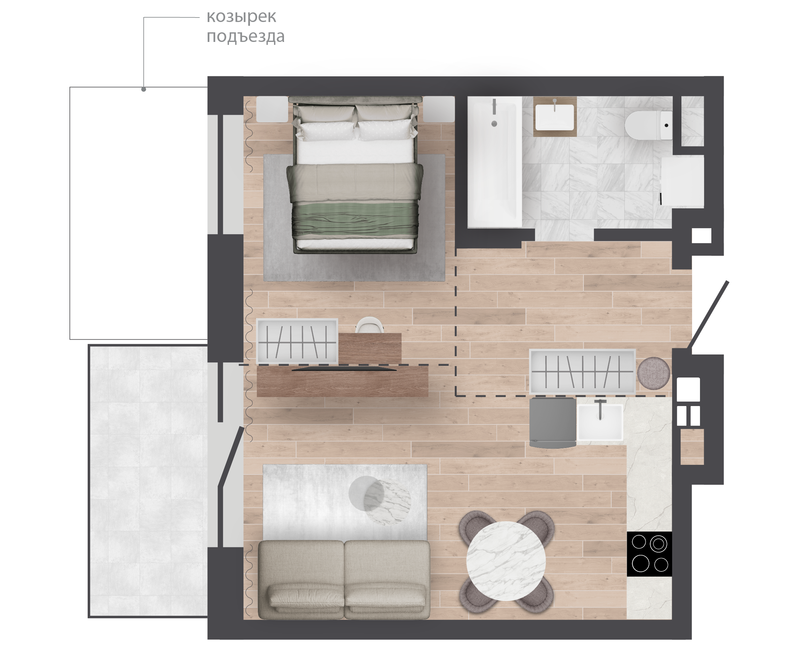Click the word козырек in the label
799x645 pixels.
241,17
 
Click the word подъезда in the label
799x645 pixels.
245,36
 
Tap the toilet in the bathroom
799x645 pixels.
648,125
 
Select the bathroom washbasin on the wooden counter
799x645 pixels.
555,117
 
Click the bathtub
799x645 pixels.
494,162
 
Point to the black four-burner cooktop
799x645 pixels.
649,554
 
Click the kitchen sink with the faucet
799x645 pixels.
600,422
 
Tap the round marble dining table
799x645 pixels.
506,561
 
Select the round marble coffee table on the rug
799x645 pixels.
380,500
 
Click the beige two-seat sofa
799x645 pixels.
344,580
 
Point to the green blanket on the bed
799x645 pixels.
355,220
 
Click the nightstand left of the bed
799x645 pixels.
272,109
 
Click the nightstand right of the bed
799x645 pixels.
439,109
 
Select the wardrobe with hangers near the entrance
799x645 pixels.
582,372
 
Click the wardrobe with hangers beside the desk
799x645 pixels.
297,341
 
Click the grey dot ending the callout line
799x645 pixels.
144,89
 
